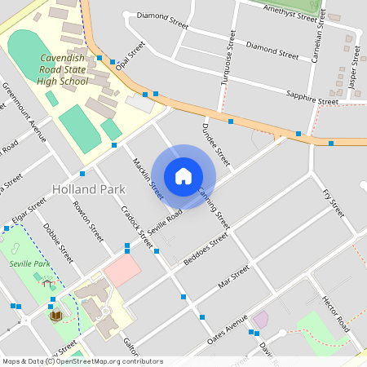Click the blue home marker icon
tap(183, 175)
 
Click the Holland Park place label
tap(88, 188)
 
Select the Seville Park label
tap(29, 264)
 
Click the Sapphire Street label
tap(312, 99)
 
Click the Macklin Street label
tap(148, 179)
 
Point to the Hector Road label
tap(335, 313)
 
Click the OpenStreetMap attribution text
tap(82, 361)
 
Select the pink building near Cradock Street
tap(122, 271)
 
